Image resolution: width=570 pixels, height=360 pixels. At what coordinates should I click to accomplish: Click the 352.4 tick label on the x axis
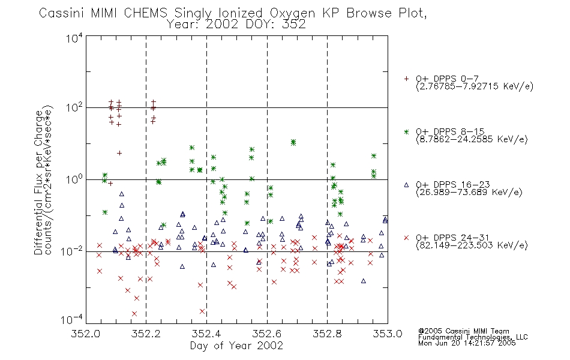206,334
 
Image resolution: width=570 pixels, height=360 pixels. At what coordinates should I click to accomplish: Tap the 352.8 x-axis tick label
327,334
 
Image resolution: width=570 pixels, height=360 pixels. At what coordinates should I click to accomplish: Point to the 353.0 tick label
388,334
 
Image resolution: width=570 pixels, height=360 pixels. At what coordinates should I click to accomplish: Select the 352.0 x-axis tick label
86,334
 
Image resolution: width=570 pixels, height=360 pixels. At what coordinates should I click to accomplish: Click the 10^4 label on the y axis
74,38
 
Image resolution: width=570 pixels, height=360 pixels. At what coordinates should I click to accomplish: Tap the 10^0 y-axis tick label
74,179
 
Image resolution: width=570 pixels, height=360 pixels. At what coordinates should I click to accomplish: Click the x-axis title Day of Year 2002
236,346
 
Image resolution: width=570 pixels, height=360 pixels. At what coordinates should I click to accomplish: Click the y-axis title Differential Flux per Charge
38,182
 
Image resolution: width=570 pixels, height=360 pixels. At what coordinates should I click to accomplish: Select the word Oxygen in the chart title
292,13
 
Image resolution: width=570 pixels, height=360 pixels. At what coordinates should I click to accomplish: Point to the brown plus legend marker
406,79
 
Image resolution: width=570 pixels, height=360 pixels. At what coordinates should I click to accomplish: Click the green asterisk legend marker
406,131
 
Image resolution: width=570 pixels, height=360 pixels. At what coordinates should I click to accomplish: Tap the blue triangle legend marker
406,185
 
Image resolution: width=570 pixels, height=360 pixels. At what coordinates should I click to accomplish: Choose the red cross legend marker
406,238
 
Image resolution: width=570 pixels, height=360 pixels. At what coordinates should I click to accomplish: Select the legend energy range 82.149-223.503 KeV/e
472,245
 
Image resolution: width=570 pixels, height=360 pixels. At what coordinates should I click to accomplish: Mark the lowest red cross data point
134,313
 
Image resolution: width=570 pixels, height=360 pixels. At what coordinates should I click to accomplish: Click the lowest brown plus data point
110,183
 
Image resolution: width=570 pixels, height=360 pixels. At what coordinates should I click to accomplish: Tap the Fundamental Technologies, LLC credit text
473,337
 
